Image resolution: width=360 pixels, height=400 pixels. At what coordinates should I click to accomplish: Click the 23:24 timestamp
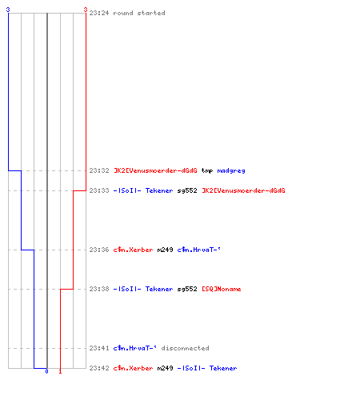pos(99,13)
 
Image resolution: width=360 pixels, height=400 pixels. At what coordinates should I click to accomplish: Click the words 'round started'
pos(139,13)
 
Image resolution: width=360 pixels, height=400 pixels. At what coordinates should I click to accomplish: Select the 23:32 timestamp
pos(99,170)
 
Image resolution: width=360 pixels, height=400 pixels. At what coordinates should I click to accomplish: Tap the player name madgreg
pos(231,171)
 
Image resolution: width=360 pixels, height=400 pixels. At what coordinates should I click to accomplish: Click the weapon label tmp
pos(207,171)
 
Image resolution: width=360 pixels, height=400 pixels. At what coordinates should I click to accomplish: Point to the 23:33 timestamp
pos(99,190)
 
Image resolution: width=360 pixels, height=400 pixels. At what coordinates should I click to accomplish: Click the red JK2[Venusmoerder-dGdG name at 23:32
pos(155,170)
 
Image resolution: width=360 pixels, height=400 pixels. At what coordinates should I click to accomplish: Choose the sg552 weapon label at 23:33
pos(187,191)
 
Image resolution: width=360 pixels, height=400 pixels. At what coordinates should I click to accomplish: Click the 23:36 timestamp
pos(99,250)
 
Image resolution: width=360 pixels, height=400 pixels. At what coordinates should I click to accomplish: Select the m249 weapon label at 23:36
pos(165,250)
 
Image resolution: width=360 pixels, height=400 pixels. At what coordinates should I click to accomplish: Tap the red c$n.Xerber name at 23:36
pos(133,250)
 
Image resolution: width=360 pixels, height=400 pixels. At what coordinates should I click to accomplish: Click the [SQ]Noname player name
pos(222,289)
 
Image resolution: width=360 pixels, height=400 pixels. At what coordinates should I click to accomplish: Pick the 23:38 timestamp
pos(99,289)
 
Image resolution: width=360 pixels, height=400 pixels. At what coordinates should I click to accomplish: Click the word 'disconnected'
pos(185,348)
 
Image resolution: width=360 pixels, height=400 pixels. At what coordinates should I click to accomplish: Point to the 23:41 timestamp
pos(99,348)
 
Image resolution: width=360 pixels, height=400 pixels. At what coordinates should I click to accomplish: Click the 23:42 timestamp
pos(99,368)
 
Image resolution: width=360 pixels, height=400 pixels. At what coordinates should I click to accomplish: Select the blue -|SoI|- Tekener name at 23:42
pos(207,368)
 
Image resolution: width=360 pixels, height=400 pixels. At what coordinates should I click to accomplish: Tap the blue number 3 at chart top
pos(8,10)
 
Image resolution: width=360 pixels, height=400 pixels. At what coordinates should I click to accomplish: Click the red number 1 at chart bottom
pos(60,371)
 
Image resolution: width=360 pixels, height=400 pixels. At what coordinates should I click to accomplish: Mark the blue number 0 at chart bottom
pos(46,371)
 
